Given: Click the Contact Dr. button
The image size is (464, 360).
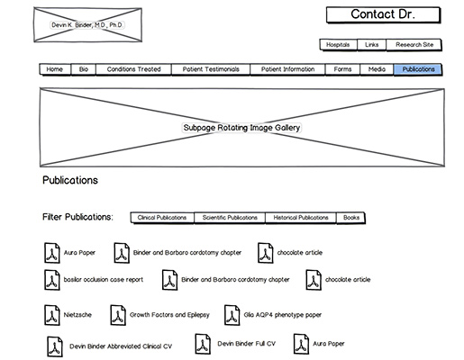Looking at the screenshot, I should (383, 14).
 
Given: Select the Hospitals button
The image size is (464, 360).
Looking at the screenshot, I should (338, 44).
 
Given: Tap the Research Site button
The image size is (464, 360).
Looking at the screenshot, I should (414, 44).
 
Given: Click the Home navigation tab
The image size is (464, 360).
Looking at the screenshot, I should (54, 69).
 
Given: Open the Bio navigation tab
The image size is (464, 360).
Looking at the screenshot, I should (84, 69).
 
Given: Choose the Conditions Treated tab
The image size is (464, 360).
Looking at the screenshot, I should (133, 69).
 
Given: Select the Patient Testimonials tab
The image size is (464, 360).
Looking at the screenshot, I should (211, 69).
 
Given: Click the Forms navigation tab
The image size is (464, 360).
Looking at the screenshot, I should (342, 69).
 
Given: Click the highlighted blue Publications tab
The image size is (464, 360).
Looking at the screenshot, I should (418, 69).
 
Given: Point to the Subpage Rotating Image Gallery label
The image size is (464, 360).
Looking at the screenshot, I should (241, 128).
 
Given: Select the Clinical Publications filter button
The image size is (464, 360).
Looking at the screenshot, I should (162, 218).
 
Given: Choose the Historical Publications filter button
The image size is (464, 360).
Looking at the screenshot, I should (301, 218).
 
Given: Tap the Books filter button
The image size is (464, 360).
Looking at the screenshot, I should (350, 218).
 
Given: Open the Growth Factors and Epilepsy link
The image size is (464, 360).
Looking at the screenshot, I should (169, 316).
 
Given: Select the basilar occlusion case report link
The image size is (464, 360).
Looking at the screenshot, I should (103, 280).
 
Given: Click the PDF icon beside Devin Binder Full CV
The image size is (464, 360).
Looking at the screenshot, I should (202, 344).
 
